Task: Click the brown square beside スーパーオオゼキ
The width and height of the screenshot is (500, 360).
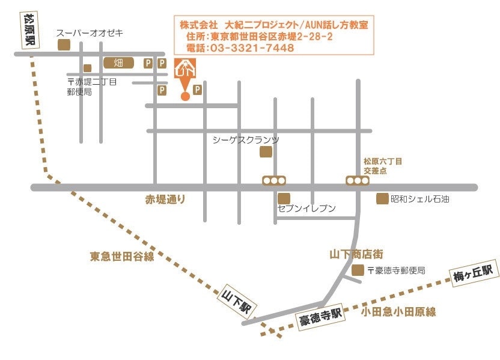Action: pyautogui.click(x=62, y=44)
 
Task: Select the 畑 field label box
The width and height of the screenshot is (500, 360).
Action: pyautogui.click(x=118, y=63)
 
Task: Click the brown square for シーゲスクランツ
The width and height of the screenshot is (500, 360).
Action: pyautogui.click(x=266, y=152)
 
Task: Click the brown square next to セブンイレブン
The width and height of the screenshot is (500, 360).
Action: pyautogui.click(x=284, y=198)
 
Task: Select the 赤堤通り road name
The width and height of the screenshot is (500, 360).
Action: pyautogui.click(x=165, y=199)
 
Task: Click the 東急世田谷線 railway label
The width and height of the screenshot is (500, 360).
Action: pyautogui.click(x=123, y=257)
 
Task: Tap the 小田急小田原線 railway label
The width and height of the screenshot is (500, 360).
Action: pyautogui.click(x=398, y=311)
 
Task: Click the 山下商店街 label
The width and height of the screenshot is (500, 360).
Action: pyautogui.click(x=356, y=254)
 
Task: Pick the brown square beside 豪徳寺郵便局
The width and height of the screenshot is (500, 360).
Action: pyautogui.click(x=358, y=270)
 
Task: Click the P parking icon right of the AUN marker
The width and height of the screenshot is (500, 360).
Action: pyautogui.click(x=197, y=90)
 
